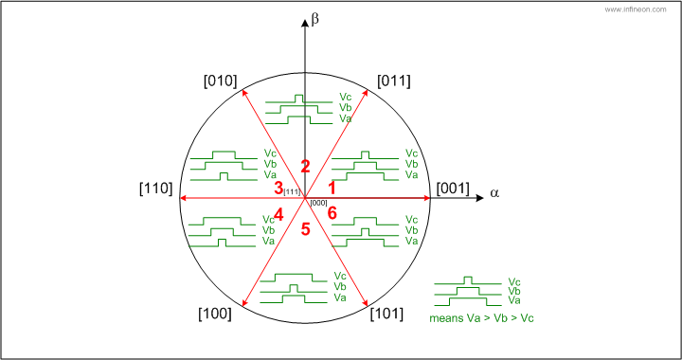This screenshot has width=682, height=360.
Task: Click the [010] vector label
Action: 220,81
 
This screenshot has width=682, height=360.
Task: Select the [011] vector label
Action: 394,81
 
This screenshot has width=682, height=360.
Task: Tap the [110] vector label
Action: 156,189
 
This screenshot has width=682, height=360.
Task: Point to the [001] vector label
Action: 453,189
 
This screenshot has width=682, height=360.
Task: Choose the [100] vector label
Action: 215,314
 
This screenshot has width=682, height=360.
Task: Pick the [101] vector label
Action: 386,314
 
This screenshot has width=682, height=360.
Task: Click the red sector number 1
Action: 332,189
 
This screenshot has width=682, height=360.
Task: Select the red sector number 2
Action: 305,166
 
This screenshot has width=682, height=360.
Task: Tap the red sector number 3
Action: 278,189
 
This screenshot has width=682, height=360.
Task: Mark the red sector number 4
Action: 278,214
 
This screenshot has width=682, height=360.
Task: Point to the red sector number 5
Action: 305,228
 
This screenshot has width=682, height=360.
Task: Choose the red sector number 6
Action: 332,213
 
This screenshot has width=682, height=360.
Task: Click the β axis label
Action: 315,20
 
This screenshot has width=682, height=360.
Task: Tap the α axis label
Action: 494,193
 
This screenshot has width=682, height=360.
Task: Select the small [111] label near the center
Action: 291,191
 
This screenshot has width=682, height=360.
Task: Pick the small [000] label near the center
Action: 319,203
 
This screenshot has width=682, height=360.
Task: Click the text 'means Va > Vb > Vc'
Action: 481,318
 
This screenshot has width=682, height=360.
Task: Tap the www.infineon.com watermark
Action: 636,9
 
